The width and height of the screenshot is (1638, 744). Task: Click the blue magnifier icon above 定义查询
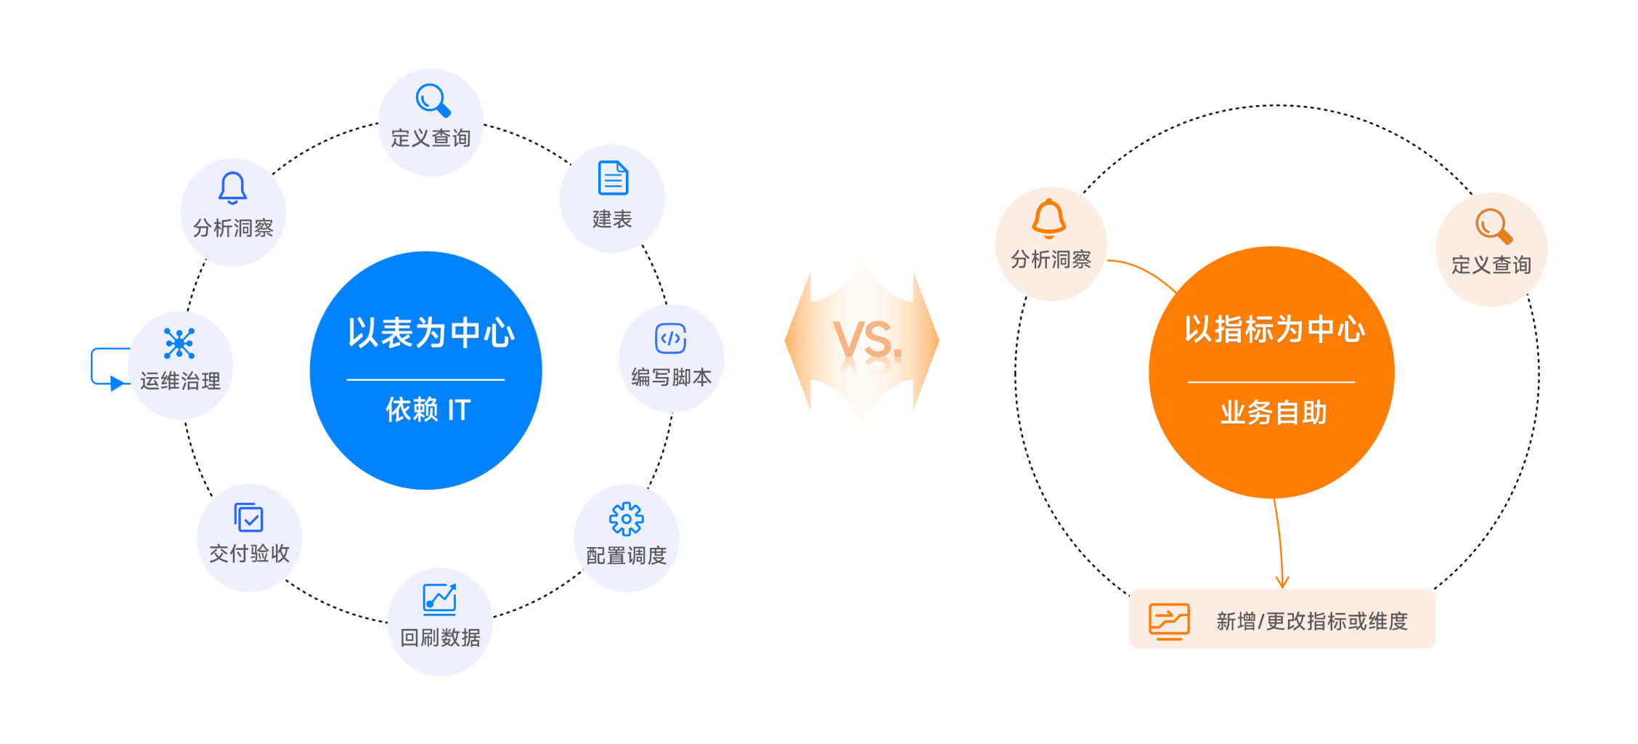[433, 100]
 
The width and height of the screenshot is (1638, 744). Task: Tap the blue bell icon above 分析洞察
[232, 187]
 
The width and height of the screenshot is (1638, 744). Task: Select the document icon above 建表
[613, 178]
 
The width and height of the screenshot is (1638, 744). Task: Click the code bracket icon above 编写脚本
[670, 339]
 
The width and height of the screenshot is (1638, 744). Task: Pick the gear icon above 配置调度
[626, 519]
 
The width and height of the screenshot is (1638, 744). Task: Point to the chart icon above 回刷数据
[439, 599]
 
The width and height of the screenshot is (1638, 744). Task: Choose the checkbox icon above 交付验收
[249, 518]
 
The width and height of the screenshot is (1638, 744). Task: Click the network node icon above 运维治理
[179, 343]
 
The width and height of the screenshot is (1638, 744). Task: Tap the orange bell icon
[1049, 218]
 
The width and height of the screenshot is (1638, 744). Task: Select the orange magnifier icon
[1493, 226]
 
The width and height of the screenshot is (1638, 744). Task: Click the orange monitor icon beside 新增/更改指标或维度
[1169, 621]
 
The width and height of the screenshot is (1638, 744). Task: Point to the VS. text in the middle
[867, 341]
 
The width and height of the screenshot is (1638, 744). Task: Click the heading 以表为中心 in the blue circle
[431, 333]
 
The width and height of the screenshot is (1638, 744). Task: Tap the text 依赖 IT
[428, 411]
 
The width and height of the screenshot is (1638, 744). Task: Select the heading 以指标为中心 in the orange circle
[1274, 330]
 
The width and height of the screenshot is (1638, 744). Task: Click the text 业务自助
[1273, 413]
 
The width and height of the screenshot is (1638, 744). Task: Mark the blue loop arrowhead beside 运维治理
[116, 384]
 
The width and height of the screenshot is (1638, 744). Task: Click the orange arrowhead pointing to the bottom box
[1282, 581]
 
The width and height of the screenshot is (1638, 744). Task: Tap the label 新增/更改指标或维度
[1311, 621]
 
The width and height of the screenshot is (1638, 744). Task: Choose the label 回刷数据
[440, 638]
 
